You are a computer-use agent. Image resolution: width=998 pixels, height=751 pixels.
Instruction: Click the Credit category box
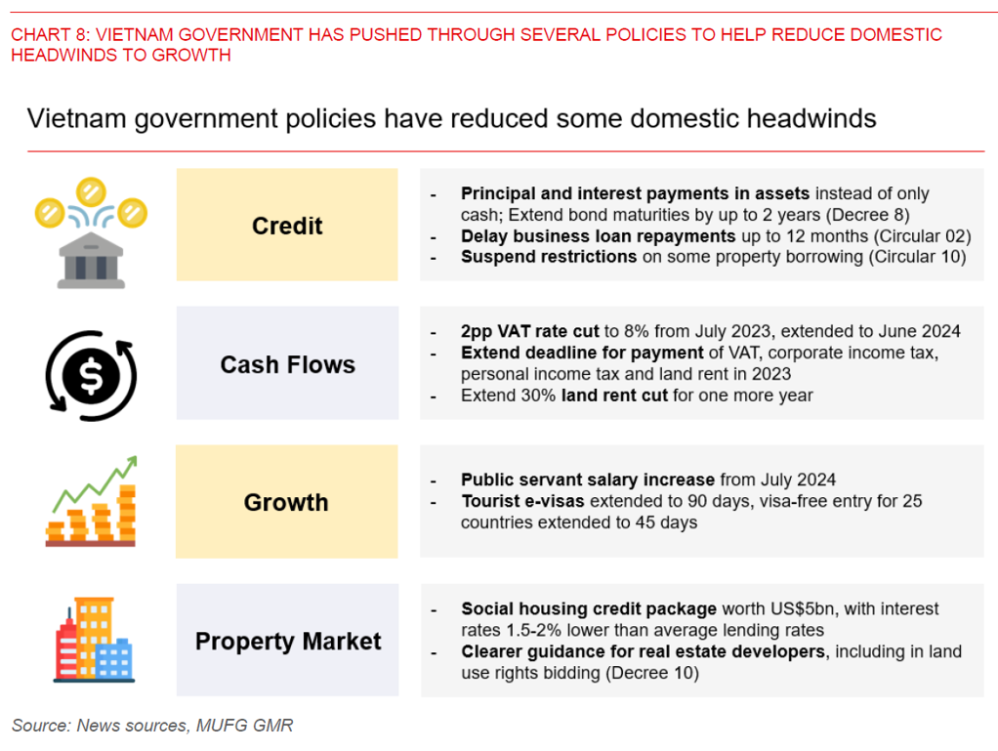click(287, 226)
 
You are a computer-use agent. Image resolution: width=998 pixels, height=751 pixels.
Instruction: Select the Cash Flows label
click(287, 364)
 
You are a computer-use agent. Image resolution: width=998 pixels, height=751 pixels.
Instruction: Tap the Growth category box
click(286, 503)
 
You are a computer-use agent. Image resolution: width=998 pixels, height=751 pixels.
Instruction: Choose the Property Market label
click(288, 642)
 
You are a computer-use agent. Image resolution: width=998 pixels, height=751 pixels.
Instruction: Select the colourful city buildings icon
click(94, 640)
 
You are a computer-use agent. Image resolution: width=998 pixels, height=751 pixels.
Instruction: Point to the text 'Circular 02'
click(921, 236)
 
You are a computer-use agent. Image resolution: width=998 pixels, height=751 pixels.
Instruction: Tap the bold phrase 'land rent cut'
click(612, 396)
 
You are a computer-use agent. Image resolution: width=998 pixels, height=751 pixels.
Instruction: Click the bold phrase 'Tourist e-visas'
click(522, 501)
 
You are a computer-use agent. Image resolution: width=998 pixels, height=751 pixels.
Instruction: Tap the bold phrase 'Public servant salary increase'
click(588, 480)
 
